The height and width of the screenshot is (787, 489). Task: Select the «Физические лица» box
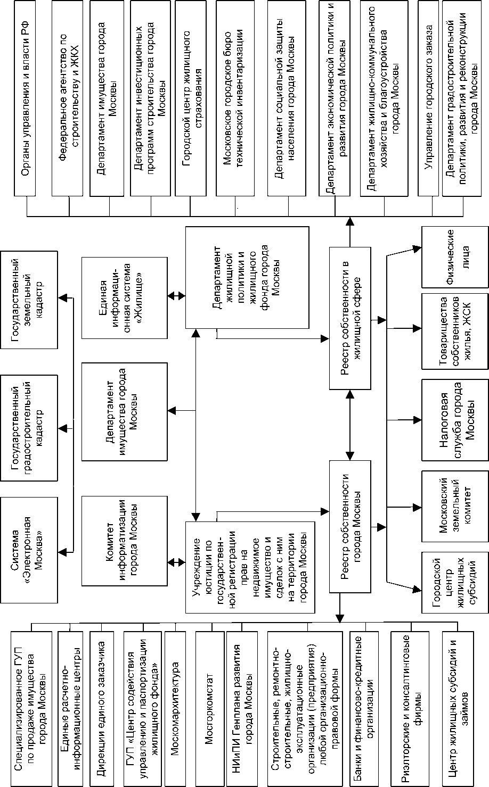pyautogui.click(x=454, y=257)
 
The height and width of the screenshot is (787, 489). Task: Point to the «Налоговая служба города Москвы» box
pyautogui.click(x=454, y=420)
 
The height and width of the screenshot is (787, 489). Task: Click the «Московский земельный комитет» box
pyautogui.click(x=454, y=500)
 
